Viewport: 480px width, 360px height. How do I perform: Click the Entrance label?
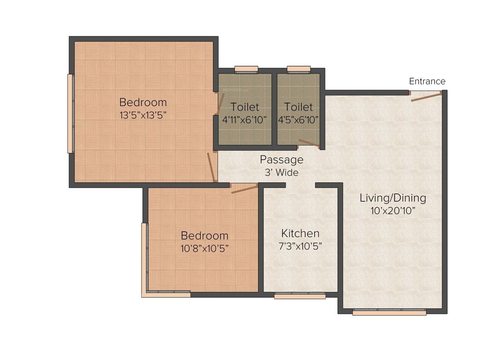[x=427, y=81]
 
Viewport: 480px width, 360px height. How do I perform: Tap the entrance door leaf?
[x=426, y=97]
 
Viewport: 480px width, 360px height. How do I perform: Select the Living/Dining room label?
[x=393, y=198]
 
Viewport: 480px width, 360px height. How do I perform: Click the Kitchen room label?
[x=300, y=233]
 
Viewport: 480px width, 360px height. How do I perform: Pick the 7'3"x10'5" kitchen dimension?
[x=300, y=245]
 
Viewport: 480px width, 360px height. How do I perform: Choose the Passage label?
[x=282, y=160]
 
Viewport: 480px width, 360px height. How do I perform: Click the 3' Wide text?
[x=282, y=172]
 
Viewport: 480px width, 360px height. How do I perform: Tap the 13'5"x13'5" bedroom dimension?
[x=143, y=114]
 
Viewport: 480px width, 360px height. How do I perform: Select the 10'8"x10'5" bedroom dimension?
[x=205, y=248]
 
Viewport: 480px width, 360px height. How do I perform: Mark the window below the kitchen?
[x=300, y=296]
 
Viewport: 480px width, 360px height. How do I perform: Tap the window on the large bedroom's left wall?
[x=70, y=113]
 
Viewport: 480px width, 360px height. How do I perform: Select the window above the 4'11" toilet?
[x=246, y=69]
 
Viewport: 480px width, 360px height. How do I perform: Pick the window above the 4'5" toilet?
[x=299, y=69]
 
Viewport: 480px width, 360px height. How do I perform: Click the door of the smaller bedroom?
[x=245, y=189]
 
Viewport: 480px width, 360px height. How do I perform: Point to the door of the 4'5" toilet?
[x=309, y=143]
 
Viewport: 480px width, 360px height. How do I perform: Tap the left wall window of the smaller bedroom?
[x=144, y=258]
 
